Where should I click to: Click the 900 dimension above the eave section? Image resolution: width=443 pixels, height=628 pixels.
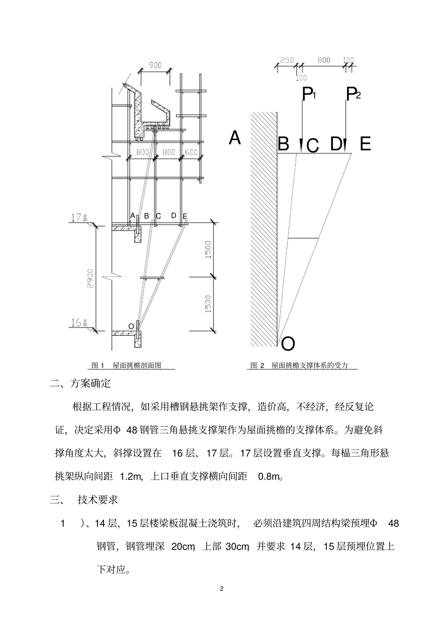click(155, 65)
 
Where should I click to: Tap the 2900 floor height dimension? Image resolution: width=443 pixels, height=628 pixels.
click(90, 278)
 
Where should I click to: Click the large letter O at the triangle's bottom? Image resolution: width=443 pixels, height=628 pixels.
click(288, 344)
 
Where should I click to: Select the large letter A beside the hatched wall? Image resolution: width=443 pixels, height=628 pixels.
click(235, 138)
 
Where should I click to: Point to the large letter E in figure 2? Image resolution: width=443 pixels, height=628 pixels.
click(365, 144)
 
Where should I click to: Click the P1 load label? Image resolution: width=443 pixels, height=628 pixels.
click(309, 95)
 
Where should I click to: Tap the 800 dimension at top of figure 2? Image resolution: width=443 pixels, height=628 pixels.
click(324, 60)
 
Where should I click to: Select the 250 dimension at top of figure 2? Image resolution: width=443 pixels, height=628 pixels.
click(287, 60)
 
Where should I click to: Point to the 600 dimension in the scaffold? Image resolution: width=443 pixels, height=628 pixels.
click(192, 152)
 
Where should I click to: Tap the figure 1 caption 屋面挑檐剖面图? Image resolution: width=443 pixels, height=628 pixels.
click(126, 366)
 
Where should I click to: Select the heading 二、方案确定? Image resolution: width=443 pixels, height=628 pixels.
click(81, 384)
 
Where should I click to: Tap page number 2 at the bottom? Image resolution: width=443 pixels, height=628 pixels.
click(221, 588)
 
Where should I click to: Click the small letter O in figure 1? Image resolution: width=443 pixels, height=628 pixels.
click(131, 326)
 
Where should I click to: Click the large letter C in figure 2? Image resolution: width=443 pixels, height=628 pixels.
click(313, 146)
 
